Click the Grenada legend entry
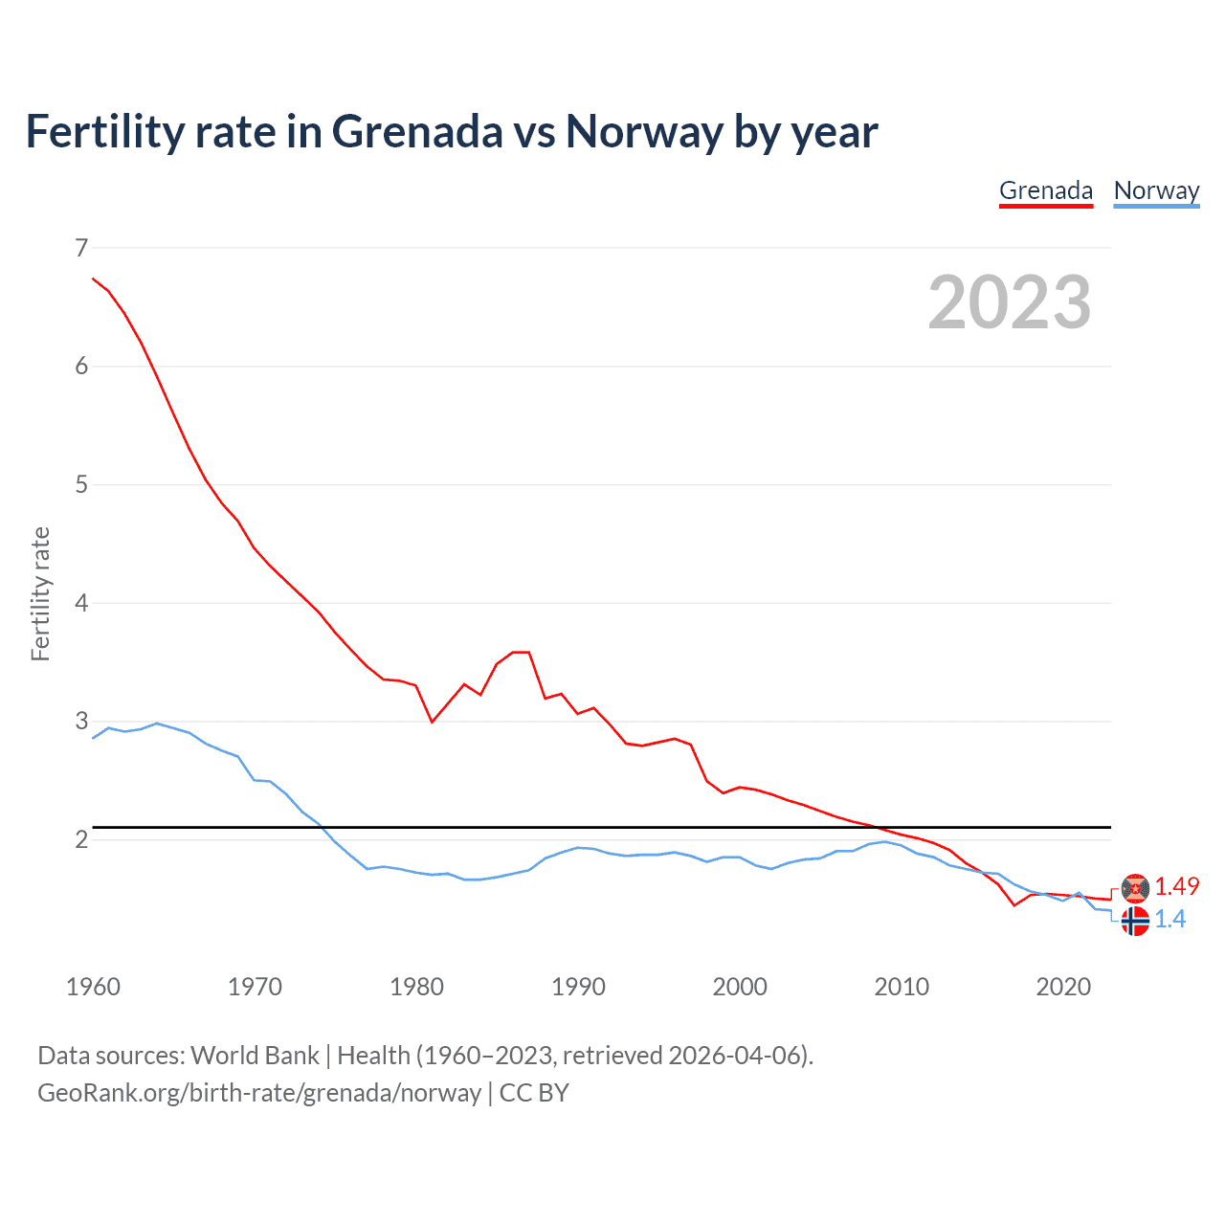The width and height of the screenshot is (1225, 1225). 1045,190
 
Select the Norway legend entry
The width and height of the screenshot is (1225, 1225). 1156,190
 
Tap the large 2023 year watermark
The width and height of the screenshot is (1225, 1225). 1010,302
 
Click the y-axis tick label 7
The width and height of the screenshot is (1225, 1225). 81,248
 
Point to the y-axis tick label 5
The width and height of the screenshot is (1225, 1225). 81,484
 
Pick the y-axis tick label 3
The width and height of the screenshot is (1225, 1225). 81,721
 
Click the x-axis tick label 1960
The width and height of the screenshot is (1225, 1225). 93,987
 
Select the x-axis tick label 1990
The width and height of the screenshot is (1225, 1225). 578,987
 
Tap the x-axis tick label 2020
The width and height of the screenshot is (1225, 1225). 1063,987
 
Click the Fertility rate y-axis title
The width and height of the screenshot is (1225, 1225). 40,593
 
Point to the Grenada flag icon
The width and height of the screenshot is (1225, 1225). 1135,888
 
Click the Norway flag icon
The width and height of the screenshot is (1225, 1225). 1135,921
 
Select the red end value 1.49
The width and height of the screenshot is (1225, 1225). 1176,886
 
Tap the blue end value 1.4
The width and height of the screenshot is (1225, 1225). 1169,919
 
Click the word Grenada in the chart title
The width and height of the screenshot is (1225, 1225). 416,131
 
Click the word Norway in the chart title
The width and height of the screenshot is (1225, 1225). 643,131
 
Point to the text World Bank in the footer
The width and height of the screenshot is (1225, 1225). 255,1055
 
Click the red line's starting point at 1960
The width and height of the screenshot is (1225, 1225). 93,278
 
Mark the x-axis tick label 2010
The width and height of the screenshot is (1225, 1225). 902,987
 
